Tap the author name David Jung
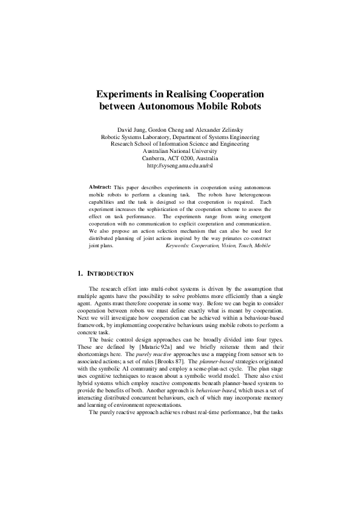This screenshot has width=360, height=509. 131,129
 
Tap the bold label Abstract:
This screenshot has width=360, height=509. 100,187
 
